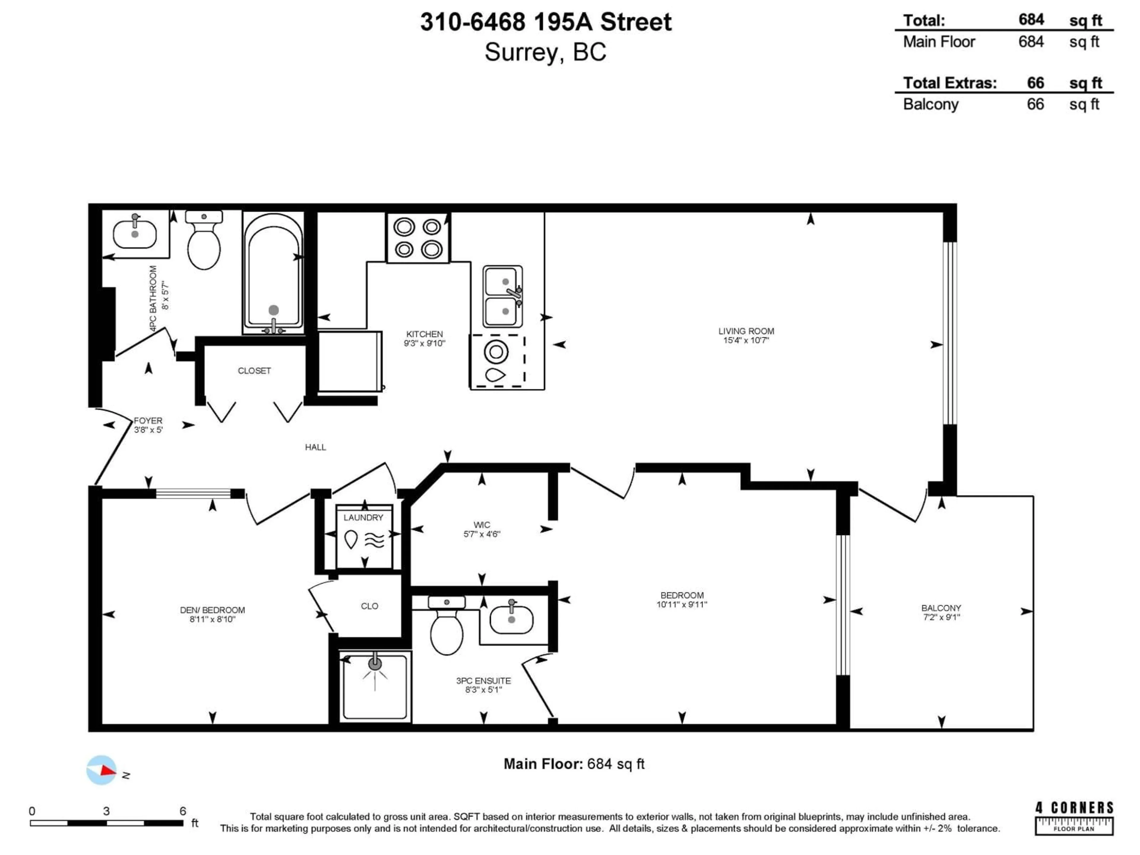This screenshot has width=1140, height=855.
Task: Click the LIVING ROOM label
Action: point(746,331)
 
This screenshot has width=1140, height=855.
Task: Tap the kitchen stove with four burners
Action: point(418,238)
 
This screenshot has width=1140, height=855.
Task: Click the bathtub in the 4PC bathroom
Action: point(273,273)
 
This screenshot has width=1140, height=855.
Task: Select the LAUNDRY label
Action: point(363,517)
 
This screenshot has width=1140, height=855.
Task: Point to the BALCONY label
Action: point(941,608)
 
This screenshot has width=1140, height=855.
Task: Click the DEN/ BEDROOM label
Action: point(212,610)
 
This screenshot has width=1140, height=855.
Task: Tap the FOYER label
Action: point(148,421)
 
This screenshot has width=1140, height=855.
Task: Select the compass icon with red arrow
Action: point(102,770)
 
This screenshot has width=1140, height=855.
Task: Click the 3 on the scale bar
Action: point(106,811)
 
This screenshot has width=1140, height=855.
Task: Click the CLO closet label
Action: point(370,606)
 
